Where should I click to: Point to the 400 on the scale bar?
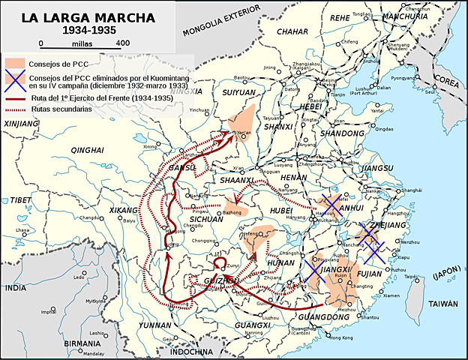(123, 43)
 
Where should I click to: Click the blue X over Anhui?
(330, 205)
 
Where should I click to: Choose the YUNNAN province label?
(155, 325)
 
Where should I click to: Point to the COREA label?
(448, 78)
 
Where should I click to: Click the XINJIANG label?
(20, 122)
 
